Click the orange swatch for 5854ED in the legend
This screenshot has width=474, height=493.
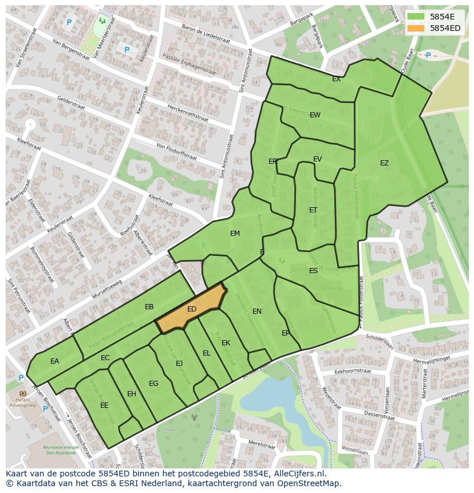point(416,28)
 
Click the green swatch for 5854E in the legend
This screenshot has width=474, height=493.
point(416,17)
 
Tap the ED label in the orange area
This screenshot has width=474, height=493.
point(192,309)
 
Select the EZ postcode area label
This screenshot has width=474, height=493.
point(384,163)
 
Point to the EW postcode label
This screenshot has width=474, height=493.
point(315,115)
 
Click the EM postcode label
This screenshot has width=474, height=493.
point(235,234)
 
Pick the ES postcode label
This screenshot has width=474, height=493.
point(313,271)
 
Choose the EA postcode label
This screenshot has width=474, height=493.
point(54,361)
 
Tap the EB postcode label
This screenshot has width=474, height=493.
point(149,307)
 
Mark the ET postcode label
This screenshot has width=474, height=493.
point(313,210)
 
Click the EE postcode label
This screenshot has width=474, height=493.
point(104,405)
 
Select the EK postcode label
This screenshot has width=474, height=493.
point(226,343)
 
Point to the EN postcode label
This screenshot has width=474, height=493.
point(257,311)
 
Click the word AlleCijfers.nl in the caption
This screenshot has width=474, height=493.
point(298,474)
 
